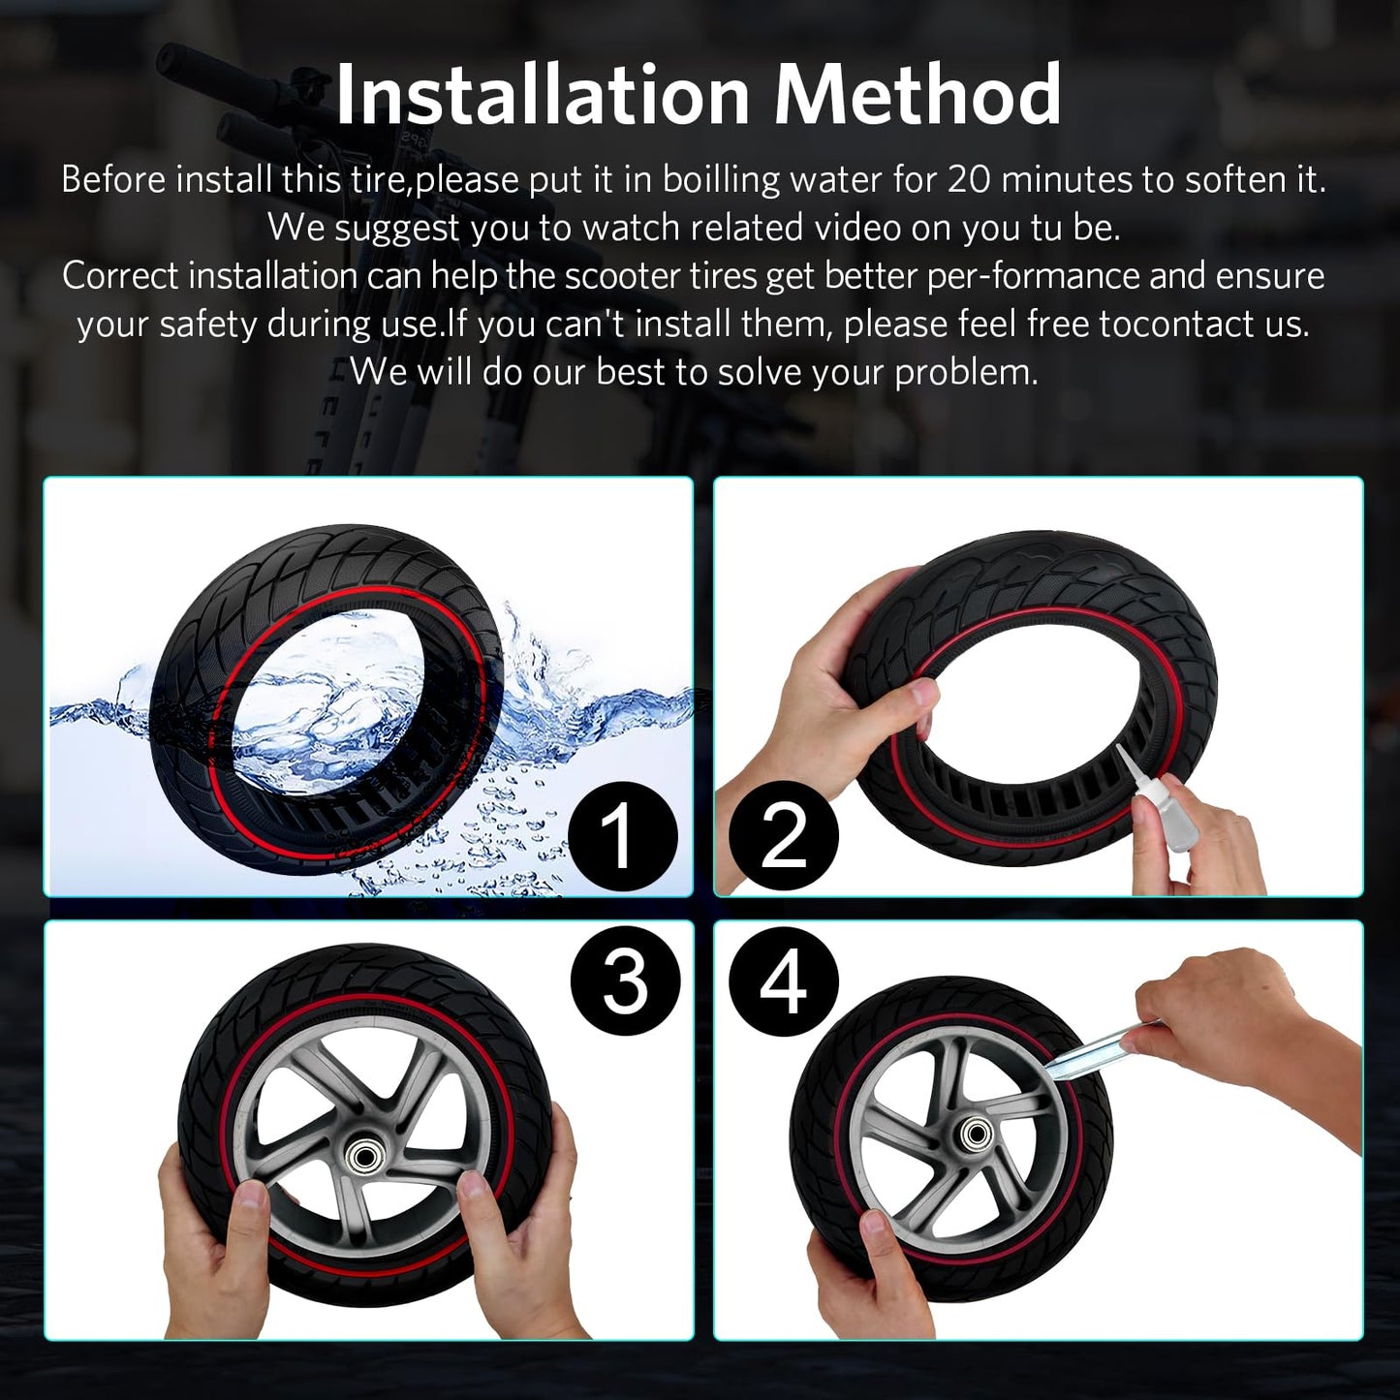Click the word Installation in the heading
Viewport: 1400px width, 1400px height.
point(543,95)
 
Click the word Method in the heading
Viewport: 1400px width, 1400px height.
point(917,95)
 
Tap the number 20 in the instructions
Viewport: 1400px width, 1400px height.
point(969,179)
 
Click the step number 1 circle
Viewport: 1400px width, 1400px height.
point(622,838)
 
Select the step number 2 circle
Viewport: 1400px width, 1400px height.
point(784,838)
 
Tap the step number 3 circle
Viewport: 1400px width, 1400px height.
point(625,984)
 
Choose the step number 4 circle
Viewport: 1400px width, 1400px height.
point(784,984)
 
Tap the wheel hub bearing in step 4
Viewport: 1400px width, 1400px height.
point(978,1134)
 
